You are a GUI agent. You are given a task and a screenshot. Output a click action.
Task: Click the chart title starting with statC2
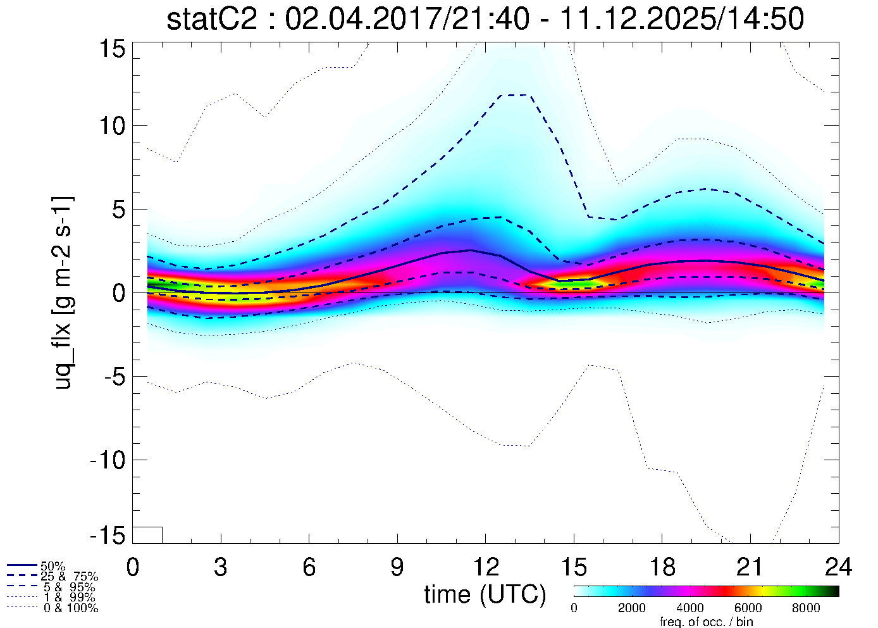point(485,19)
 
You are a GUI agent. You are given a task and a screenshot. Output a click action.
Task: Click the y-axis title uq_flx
point(64,292)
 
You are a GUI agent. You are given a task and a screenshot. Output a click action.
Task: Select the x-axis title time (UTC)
point(485,594)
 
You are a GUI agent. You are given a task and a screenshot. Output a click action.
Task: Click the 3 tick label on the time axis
point(220,567)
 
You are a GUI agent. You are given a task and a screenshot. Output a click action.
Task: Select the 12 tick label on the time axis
point(485,567)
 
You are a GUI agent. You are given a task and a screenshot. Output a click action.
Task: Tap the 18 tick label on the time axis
point(662,567)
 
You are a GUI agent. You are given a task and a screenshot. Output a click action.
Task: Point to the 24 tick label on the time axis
point(838,567)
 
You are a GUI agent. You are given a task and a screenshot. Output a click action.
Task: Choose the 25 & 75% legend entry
point(69,577)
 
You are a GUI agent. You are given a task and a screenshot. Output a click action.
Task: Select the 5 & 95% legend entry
point(69,587)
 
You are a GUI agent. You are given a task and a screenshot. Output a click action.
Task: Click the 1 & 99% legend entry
point(69,598)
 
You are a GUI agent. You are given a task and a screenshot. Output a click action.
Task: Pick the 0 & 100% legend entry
point(69,608)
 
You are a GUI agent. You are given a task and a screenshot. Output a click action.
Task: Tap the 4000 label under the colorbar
point(689,608)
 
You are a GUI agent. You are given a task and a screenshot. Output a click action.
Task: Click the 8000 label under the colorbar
point(806,608)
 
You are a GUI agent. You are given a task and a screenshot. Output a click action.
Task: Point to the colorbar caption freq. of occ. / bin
point(706,622)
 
